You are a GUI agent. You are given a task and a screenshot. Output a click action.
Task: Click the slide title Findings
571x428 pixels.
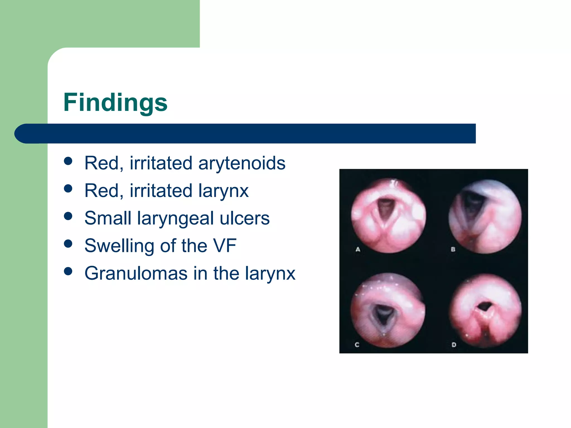115,103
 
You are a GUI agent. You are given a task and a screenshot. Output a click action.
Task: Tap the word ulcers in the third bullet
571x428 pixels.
245,218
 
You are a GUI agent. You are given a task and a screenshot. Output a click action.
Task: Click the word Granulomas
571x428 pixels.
136,273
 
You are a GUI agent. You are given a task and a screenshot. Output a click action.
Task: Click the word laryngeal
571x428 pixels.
175,219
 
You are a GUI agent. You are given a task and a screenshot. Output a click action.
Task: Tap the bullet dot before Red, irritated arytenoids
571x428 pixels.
68,161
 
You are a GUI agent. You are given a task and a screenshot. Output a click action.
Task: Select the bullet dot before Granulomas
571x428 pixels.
68,271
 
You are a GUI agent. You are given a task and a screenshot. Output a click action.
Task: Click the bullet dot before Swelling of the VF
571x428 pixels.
68,244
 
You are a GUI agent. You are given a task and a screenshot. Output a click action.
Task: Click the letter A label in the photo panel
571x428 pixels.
358,249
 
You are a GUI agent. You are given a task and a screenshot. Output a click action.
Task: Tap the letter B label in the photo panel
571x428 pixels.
453,249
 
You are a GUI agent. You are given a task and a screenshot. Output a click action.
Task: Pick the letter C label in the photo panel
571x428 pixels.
357,345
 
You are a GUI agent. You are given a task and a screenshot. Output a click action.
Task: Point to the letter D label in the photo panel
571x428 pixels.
454,345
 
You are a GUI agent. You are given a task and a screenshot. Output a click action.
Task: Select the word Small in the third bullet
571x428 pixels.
108,218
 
